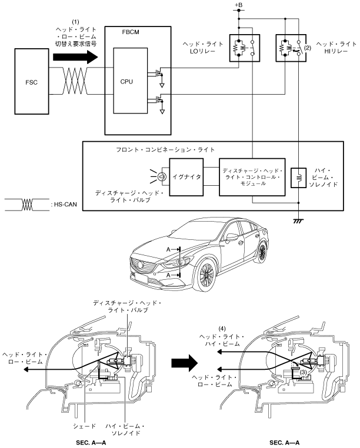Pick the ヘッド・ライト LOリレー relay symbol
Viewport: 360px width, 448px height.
click(x=245, y=46)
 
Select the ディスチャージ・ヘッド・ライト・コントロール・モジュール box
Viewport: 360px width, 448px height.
click(x=251, y=176)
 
